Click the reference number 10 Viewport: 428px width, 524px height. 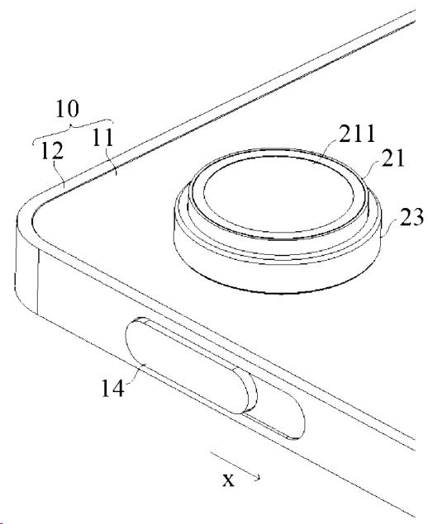pos(67,109)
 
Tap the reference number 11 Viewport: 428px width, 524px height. pos(102,138)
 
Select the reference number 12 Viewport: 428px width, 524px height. pos(52,151)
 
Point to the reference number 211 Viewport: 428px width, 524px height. pos(357,134)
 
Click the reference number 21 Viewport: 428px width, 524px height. pos(393,158)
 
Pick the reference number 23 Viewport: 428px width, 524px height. pos(411,217)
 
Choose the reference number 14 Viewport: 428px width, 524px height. pos(112,388)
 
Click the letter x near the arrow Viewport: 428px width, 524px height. pos(228,480)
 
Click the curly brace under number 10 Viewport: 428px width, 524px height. pos(72,126)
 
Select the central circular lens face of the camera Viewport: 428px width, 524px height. pos(278,197)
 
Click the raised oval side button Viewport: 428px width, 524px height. pos(191,365)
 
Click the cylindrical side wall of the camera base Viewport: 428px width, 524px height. pos(278,274)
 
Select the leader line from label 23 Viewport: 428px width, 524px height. pos(390,227)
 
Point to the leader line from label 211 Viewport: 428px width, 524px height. pos(327,149)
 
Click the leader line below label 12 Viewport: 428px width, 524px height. pos(60,173)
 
